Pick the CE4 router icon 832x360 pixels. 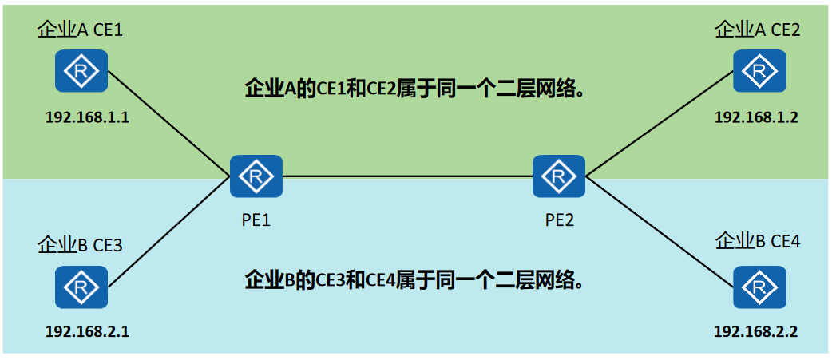pos(759,287)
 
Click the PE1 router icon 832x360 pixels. pos(256,176)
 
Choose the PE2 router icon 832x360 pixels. pos(559,176)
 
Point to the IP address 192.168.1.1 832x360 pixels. pos(87,117)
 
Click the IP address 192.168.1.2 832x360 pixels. pos(756,117)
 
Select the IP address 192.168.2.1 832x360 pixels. pos(87,331)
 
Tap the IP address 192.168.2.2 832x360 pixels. pos(756,331)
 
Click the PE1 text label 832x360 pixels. pos(256,220)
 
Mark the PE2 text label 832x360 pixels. pos(560,220)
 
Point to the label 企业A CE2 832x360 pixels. pos(757,30)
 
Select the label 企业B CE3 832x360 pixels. pos(80,245)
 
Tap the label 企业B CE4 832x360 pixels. pos(757,241)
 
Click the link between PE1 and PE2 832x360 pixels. pos(407,176)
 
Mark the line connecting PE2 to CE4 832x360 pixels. pos(659,231)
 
